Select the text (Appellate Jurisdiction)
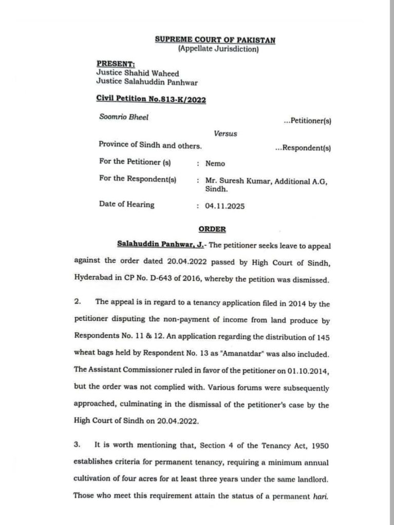(x=218, y=50)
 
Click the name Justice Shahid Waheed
(x=138, y=73)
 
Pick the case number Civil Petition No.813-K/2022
(x=152, y=100)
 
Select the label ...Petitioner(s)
(x=307, y=121)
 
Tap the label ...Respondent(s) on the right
(x=303, y=148)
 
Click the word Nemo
(x=215, y=163)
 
